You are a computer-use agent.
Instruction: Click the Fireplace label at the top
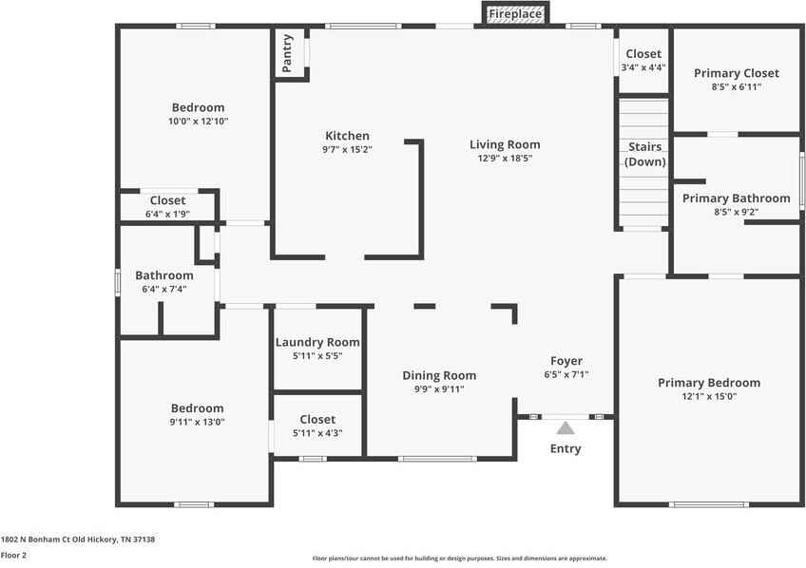tap(515, 14)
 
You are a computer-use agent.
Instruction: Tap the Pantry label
tap(287, 53)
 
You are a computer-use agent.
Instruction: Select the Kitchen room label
tap(347, 136)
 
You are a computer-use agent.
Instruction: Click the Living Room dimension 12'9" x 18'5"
tap(505, 159)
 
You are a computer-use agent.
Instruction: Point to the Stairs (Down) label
tap(644, 154)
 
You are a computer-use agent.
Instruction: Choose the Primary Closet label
tap(736, 73)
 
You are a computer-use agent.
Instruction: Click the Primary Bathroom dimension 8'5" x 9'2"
tap(736, 213)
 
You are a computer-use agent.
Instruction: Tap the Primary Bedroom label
tap(709, 383)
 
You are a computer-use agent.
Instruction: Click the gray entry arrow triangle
tap(566, 427)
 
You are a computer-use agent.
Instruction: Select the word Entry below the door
tap(566, 448)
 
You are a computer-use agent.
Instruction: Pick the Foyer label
tap(566, 361)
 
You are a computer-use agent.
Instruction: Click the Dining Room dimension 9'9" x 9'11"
tap(439, 389)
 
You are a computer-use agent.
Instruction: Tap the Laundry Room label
tap(317, 342)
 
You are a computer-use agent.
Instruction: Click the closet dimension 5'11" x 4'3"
tap(317, 433)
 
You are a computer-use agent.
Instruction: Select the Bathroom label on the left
tap(163, 275)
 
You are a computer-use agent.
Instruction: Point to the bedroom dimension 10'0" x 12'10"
tap(198, 122)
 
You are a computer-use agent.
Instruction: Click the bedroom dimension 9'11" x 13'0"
tap(197, 422)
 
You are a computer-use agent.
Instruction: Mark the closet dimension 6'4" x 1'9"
tap(167, 215)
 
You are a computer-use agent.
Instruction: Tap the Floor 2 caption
tap(13, 555)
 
